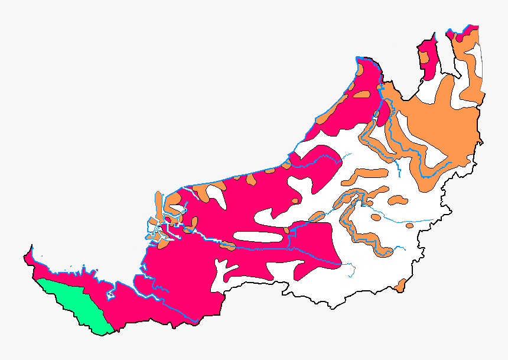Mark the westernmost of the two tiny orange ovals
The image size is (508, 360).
click(x=376, y=218)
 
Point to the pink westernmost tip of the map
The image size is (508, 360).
click(x=28, y=256)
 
